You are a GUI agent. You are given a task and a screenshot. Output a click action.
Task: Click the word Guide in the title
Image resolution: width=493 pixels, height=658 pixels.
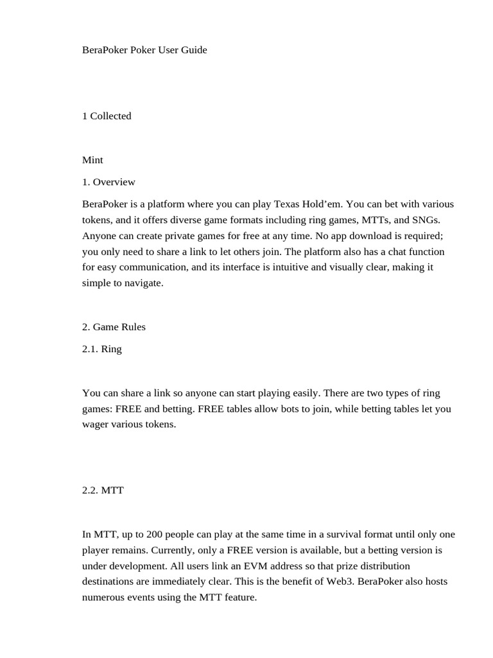point(193,50)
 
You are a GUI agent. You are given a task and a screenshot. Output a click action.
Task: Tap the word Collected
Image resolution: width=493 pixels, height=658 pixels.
point(110,116)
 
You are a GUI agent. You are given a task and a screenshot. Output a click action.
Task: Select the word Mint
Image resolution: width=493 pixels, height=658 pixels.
point(92,160)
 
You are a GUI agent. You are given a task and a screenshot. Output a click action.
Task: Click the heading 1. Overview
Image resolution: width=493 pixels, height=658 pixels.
point(108,182)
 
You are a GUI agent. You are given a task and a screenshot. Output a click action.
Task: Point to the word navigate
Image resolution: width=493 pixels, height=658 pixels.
point(144,283)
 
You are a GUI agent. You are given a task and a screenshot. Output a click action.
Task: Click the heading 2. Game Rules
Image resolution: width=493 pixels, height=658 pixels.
point(114,327)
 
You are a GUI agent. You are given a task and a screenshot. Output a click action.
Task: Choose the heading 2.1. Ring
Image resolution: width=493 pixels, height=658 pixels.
point(101,350)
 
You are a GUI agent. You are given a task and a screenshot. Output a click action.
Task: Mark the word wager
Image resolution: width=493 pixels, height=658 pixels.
point(96,425)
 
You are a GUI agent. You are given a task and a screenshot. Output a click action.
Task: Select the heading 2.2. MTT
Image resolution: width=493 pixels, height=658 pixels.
point(103,490)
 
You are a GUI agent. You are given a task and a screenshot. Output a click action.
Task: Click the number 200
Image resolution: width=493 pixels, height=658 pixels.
point(154,535)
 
